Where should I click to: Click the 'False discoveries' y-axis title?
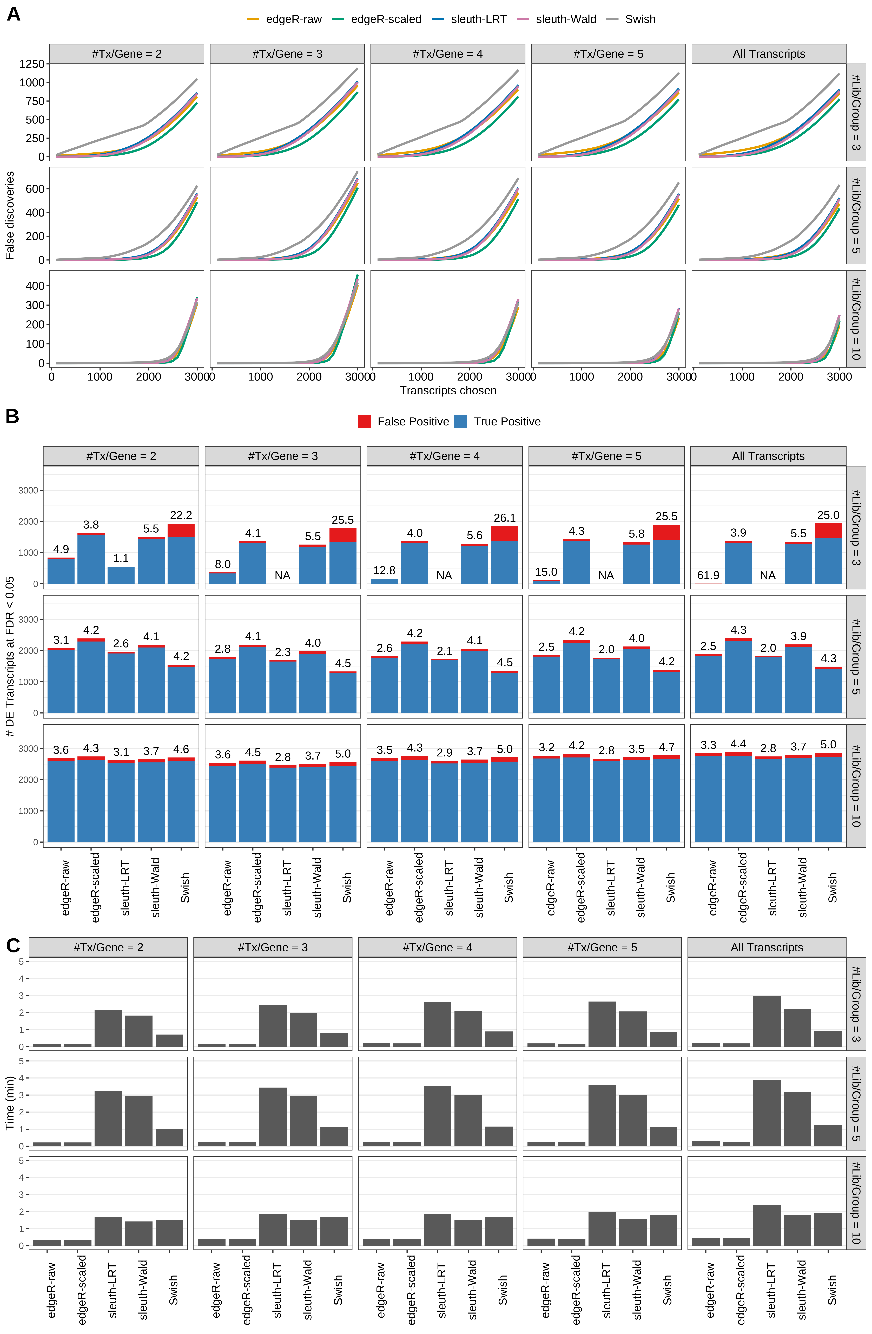click(x=10, y=215)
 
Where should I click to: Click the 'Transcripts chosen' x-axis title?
click(x=448, y=391)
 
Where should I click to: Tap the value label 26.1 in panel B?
click(x=504, y=518)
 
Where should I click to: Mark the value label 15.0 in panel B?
click(x=546, y=572)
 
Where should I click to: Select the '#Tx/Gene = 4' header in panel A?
click(x=447, y=54)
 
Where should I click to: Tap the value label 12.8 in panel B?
click(x=384, y=570)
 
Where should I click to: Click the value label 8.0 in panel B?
click(x=222, y=564)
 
